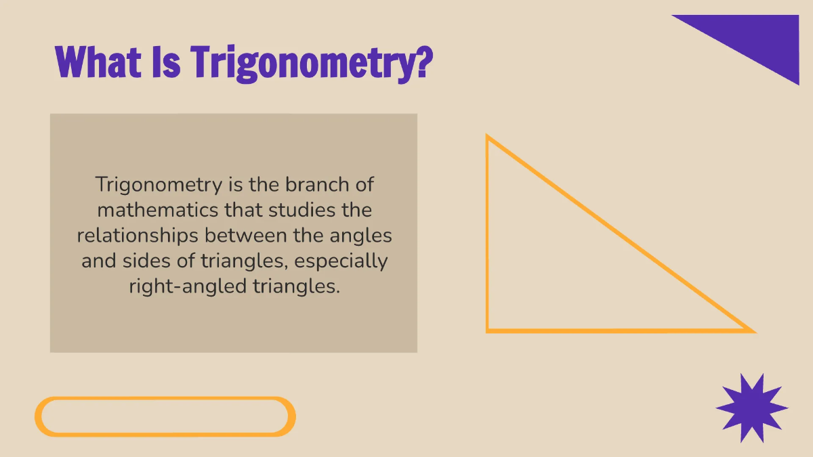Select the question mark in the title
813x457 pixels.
[421, 62]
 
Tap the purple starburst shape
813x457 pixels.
[751, 408]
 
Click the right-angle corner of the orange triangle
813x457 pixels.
[488, 330]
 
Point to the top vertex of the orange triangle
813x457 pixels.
[488, 137]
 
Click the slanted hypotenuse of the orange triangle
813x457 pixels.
[620, 234]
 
